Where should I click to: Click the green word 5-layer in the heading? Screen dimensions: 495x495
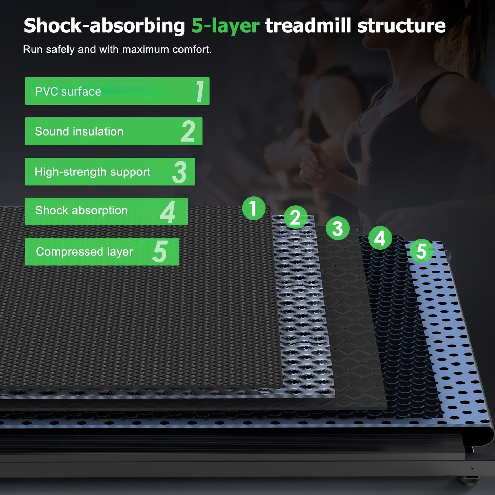[225, 26]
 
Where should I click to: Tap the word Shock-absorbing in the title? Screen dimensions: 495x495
[104, 26]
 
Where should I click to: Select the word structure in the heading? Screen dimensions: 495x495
[401, 25]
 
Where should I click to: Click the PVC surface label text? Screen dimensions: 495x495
[68, 92]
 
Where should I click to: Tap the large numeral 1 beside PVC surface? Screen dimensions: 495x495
[200, 91]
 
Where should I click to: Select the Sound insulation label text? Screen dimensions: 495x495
[79, 132]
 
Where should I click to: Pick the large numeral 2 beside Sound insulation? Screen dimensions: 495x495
[188, 131]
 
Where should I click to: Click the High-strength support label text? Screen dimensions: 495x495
[92, 172]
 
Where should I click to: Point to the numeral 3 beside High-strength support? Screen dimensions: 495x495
[179, 172]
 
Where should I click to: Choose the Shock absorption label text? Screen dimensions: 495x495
[82, 211]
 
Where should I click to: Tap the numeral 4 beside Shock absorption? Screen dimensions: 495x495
[168, 212]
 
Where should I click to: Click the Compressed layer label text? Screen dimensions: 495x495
[85, 252]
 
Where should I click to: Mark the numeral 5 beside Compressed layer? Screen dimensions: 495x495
[160, 251]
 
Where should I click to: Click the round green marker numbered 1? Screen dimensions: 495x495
[253, 208]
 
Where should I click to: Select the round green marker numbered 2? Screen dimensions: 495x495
[295, 217]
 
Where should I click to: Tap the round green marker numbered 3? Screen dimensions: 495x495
[338, 228]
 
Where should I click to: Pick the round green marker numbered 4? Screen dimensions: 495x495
[380, 238]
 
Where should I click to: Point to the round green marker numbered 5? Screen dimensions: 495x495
[422, 251]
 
